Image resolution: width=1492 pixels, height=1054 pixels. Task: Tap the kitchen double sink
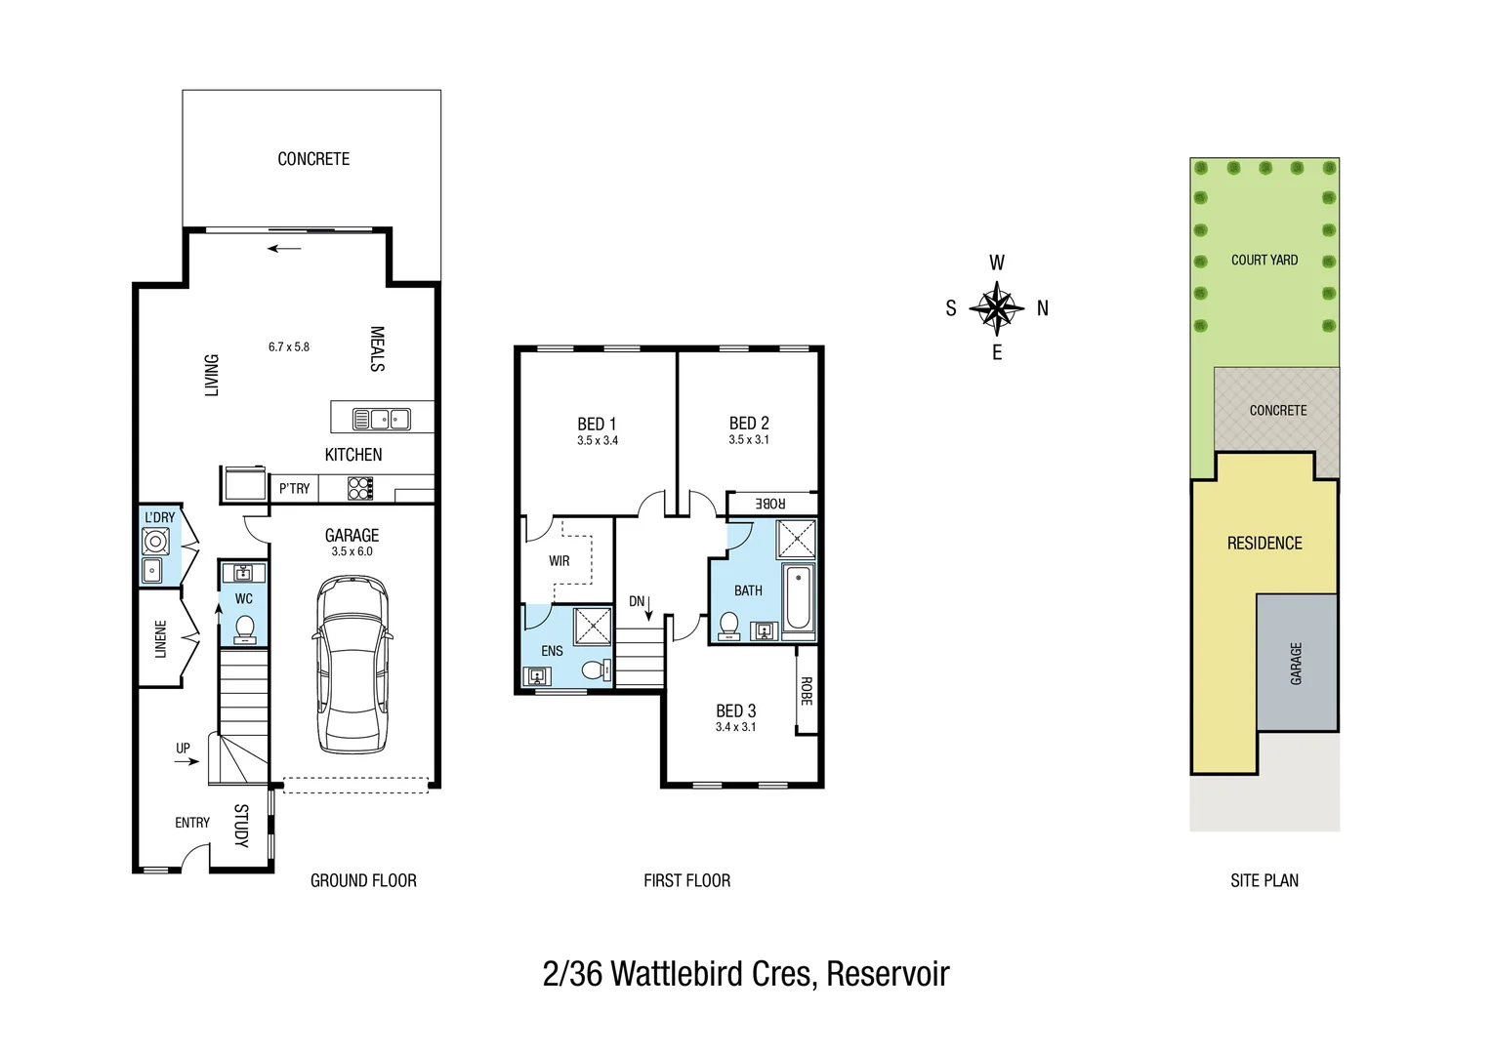[381, 420]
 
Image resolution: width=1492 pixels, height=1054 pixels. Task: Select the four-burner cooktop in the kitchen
[360, 488]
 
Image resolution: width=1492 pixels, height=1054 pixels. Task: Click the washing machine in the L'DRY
[155, 542]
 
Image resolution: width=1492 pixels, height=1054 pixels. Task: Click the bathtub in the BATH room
[798, 597]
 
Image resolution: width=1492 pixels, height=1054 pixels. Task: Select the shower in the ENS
[592, 627]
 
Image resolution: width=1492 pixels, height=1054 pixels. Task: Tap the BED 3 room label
[735, 710]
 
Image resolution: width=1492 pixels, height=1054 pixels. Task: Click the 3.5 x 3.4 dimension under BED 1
[597, 441]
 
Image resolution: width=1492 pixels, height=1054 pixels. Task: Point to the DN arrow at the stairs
[648, 606]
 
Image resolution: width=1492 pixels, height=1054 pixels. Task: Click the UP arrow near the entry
[186, 760]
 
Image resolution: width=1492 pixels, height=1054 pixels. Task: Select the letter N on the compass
[1043, 308]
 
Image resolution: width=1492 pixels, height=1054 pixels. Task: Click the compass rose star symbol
[997, 308]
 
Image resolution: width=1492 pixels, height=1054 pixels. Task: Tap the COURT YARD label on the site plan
[1264, 260]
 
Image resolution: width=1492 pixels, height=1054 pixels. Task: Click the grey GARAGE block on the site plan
[1297, 664]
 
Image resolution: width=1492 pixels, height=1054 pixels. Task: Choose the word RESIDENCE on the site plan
[1264, 544]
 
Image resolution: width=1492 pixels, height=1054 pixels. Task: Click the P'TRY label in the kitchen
[294, 488]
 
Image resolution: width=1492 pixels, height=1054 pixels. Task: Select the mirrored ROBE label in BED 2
[770, 504]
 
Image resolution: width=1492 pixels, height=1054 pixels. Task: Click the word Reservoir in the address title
[888, 974]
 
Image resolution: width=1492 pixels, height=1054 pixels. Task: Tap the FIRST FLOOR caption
[686, 880]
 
